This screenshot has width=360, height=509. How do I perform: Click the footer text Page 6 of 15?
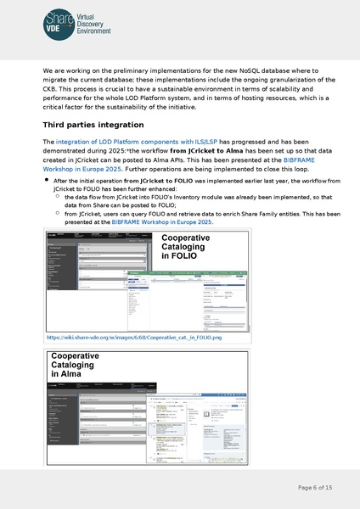pyautogui.click(x=315, y=487)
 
